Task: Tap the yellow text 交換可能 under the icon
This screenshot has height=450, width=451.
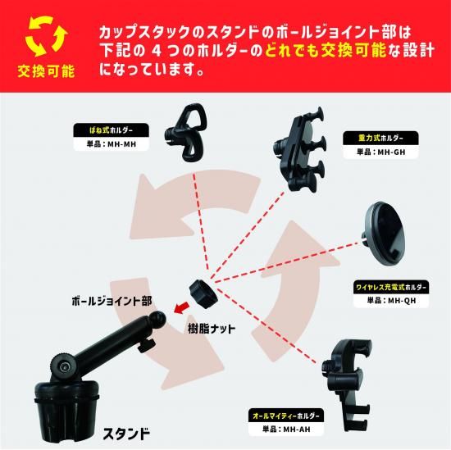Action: tap(44, 70)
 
